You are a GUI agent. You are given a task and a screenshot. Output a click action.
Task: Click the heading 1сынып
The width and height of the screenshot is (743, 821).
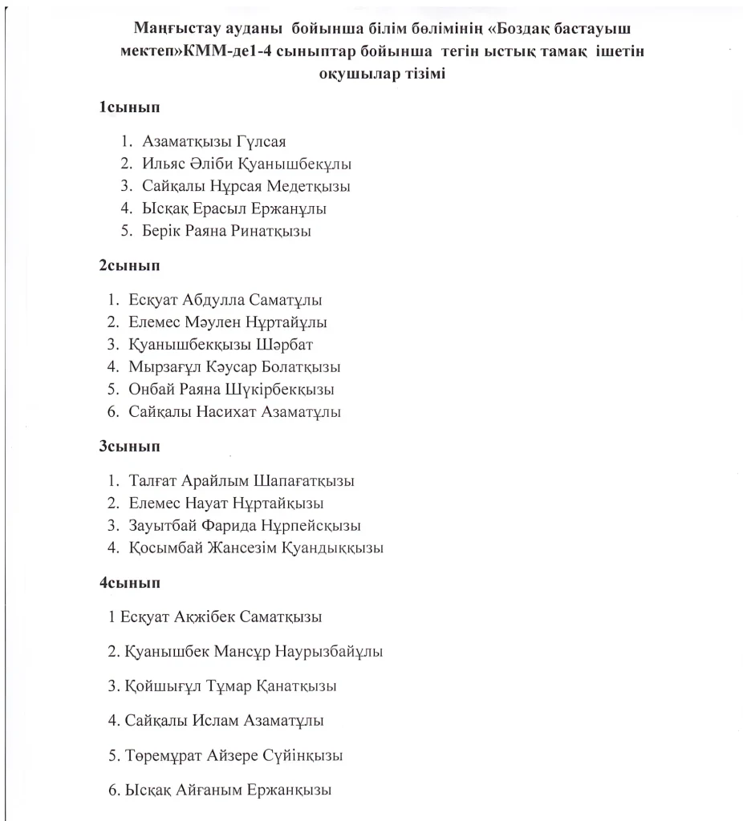(128, 107)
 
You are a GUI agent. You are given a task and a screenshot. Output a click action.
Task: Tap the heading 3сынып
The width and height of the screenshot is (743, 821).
(128, 446)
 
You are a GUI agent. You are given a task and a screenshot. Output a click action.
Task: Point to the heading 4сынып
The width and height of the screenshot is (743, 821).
(128, 583)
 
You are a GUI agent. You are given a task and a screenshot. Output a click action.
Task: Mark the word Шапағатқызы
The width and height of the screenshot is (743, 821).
(304, 481)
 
